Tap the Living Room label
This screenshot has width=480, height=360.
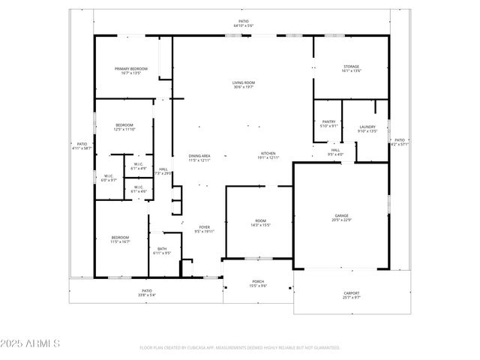(244, 85)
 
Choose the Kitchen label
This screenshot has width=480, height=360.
(268, 155)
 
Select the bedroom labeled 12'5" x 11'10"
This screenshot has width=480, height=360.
(124, 127)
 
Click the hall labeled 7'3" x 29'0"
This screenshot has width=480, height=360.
(163, 171)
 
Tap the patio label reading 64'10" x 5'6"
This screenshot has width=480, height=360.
(244, 23)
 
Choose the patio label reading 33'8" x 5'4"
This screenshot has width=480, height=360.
(147, 292)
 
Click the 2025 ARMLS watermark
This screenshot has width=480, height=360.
(31, 343)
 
